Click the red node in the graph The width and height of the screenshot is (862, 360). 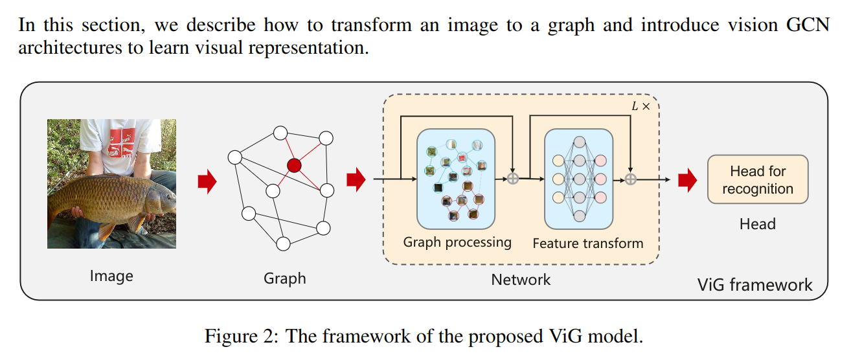pos(294,165)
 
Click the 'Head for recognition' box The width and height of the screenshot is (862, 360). pos(758,179)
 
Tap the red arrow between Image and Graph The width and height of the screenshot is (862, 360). pos(207,181)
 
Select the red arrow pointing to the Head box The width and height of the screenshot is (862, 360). pos(687,179)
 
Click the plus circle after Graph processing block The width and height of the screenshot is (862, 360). pos(512,179)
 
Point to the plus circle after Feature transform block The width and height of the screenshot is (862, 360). pos(630,179)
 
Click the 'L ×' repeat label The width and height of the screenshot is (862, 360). pos(641,106)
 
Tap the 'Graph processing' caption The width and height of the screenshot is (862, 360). pos(457,242)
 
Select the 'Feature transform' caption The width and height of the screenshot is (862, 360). pos(588,243)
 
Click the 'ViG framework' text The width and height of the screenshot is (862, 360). pos(754,285)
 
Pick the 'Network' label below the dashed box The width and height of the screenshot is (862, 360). pos(521,280)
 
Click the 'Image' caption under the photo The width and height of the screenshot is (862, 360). pos(111,276)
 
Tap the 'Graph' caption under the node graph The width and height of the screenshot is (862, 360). pos(285,278)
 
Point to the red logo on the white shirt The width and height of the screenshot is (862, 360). pos(122,142)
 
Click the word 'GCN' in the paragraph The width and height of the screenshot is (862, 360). pos(808,25)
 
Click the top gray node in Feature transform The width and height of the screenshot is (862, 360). pos(579,142)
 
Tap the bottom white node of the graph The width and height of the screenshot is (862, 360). pos(283,244)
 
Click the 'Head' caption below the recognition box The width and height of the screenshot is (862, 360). pos(757,224)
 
